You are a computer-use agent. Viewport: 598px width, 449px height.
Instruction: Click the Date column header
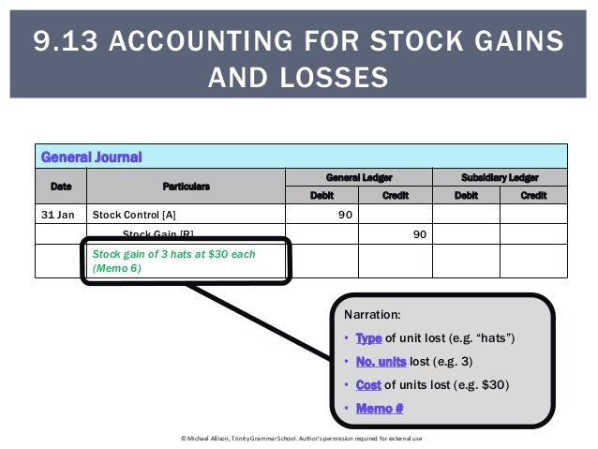click(60, 186)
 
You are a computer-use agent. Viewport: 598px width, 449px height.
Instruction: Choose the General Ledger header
click(358, 176)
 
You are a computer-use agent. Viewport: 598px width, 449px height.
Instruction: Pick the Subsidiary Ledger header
click(500, 176)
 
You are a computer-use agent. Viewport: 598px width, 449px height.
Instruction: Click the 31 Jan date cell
click(60, 215)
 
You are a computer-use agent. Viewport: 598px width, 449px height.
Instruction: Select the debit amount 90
click(345, 215)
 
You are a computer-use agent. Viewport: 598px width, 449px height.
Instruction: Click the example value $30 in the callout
click(494, 383)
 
